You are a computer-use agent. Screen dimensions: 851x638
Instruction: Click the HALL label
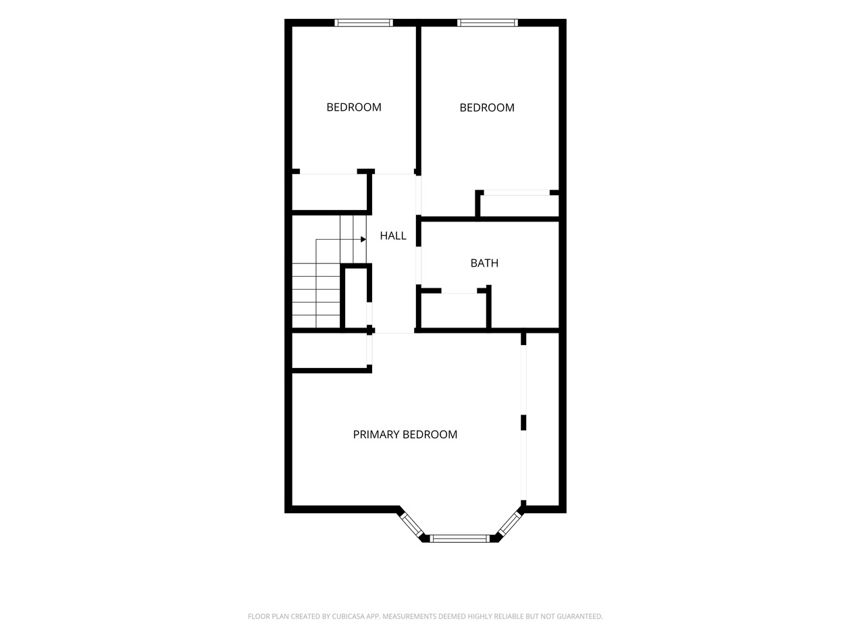click(x=392, y=236)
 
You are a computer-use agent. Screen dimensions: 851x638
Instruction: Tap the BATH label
click(x=484, y=263)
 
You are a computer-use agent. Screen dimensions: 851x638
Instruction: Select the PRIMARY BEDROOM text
click(x=405, y=434)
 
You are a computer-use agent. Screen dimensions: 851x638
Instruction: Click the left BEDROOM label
click(x=354, y=107)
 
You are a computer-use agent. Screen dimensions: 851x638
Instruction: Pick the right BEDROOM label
click(x=486, y=107)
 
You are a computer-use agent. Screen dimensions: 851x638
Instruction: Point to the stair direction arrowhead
click(x=363, y=239)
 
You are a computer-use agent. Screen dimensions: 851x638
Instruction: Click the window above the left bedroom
click(x=363, y=23)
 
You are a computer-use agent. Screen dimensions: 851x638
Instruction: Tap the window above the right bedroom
click(x=488, y=23)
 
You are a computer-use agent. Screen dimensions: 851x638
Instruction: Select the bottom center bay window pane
click(x=459, y=539)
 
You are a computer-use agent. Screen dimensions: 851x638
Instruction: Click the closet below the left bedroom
click(x=329, y=192)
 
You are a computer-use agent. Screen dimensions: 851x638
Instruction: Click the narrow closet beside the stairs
click(x=355, y=298)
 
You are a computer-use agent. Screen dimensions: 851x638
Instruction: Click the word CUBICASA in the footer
click(x=348, y=616)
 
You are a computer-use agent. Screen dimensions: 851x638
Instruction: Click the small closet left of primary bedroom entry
click(x=329, y=350)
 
